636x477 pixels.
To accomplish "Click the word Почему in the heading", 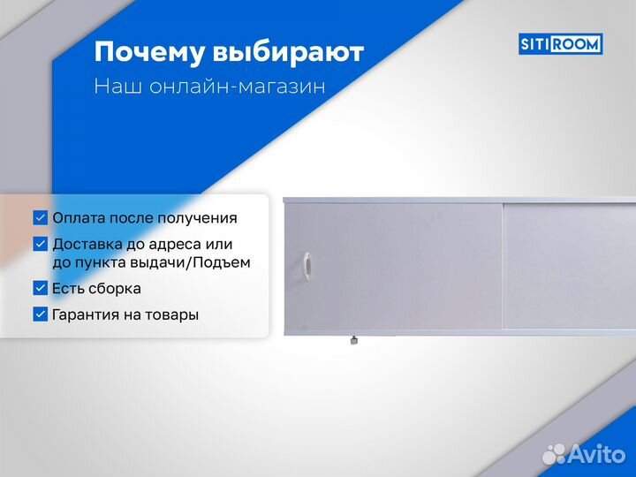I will [149, 53].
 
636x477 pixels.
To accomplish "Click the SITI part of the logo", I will [538, 43].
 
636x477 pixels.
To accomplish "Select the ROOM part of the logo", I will [579, 43].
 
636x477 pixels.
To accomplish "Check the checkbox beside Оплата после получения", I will [40, 217].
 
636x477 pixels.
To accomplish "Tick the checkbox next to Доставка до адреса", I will [40, 244].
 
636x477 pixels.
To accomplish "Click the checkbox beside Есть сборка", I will [40, 288].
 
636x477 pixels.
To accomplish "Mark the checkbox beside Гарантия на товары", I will [40, 314].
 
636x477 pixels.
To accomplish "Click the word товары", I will [171, 314].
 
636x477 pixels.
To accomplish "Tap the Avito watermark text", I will [598, 452].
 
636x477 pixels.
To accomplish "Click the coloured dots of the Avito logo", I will [554, 452].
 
